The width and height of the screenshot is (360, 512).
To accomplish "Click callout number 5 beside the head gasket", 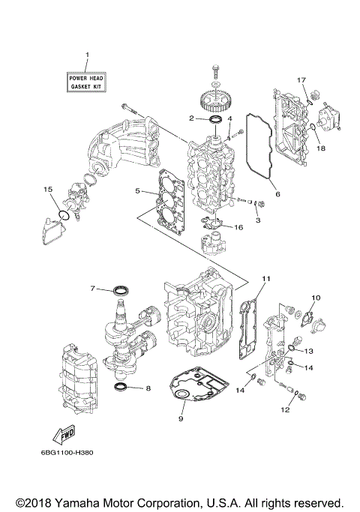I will (x=137, y=192).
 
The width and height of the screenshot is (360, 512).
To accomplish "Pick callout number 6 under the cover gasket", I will (x=277, y=193).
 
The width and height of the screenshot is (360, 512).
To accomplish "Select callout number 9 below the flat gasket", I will (x=180, y=419).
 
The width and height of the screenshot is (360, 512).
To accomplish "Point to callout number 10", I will (x=315, y=298).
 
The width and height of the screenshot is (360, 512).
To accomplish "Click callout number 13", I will (x=309, y=351).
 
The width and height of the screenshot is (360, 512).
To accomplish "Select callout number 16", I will (x=238, y=227).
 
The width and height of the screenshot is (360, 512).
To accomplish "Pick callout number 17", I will (x=302, y=80).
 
